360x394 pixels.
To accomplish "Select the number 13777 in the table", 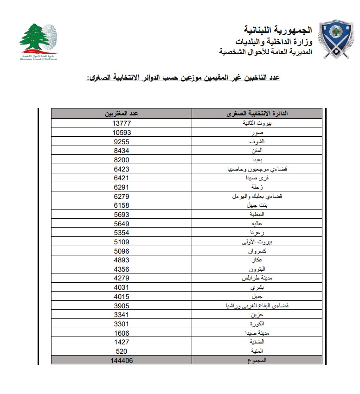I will tap(121, 123).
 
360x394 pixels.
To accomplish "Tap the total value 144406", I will tap(121, 360).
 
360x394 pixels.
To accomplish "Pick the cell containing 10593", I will tap(121, 132).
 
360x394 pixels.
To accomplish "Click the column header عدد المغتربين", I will tap(121, 114).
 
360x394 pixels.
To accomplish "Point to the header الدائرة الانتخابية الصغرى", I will tap(257, 114).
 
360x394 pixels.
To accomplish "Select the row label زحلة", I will tap(257, 187).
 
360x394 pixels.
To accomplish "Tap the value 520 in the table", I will tap(121, 351).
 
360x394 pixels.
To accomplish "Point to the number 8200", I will tap(121, 159).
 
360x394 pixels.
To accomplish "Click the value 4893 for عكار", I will tap(121, 260).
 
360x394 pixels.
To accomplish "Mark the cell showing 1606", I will tap(121, 333).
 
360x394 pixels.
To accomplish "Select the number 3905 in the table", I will tap(121, 305).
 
